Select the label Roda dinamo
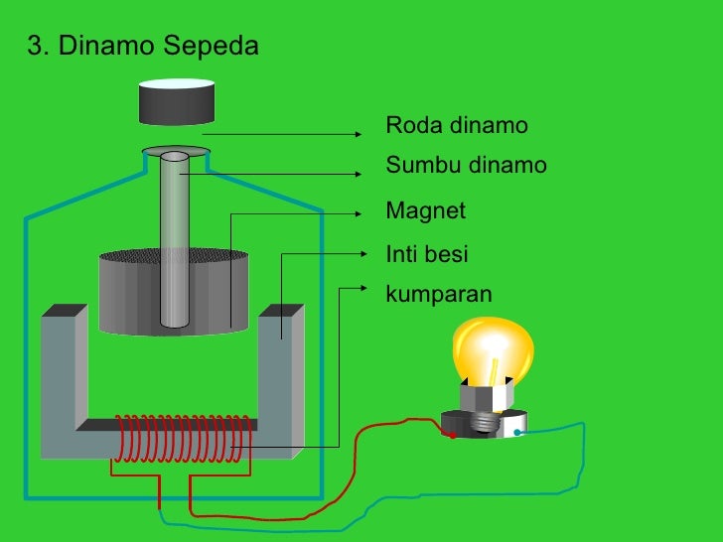[457, 126]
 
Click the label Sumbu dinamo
[466, 165]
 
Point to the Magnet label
[425, 211]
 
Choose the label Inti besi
[426, 254]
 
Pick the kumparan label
[438, 294]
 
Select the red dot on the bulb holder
[452, 435]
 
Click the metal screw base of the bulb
[486, 421]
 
